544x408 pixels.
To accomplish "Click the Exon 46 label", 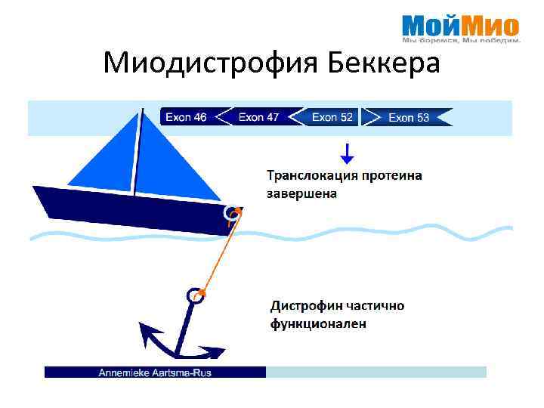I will click(186, 117).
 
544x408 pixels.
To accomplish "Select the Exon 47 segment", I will click(258, 117).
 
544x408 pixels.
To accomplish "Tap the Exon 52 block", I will click(332, 117).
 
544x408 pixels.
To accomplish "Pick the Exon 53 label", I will click(408, 117).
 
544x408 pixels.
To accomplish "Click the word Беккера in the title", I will click(385, 63).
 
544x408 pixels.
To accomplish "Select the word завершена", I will click(302, 193).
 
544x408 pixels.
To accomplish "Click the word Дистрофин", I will click(307, 306).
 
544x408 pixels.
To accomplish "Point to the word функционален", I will click(318, 324).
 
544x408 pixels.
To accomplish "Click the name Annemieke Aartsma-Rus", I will click(155, 372).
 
